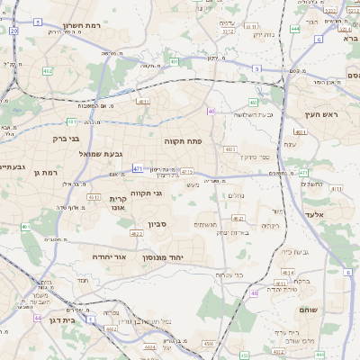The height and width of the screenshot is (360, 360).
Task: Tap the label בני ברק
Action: point(61,139)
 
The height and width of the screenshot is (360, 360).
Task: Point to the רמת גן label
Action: point(43,172)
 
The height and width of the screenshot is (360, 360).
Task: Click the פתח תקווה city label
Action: point(182,141)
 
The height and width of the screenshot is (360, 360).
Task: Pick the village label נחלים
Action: point(237,194)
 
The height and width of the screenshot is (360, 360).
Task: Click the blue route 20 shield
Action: point(14,31)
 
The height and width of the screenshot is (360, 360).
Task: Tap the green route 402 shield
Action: point(47,69)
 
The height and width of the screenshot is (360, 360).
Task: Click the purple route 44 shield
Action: point(38,318)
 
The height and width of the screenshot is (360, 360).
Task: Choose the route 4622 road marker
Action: point(136,233)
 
